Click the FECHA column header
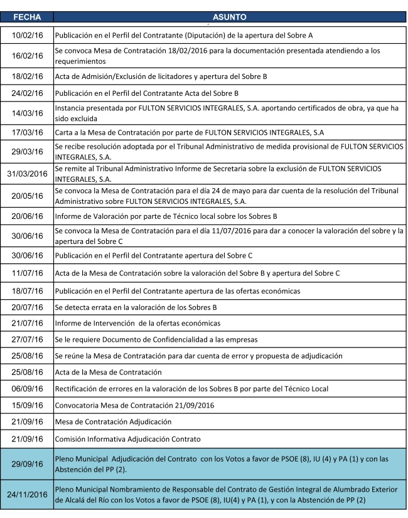(x=27, y=18)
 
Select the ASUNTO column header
(x=229, y=18)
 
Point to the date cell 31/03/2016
(x=28, y=173)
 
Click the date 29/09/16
(x=28, y=464)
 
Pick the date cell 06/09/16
(x=28, y=389)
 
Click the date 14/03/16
(x=28, y=114)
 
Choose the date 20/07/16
(x=28, y=307)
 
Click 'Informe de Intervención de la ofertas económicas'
(x=138, y=323)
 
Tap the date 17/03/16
(x=28, y=133)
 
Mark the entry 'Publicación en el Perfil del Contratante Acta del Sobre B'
(x=147, y=93)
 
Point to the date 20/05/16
(x=28, y=196)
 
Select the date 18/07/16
(x=28, y=290)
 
